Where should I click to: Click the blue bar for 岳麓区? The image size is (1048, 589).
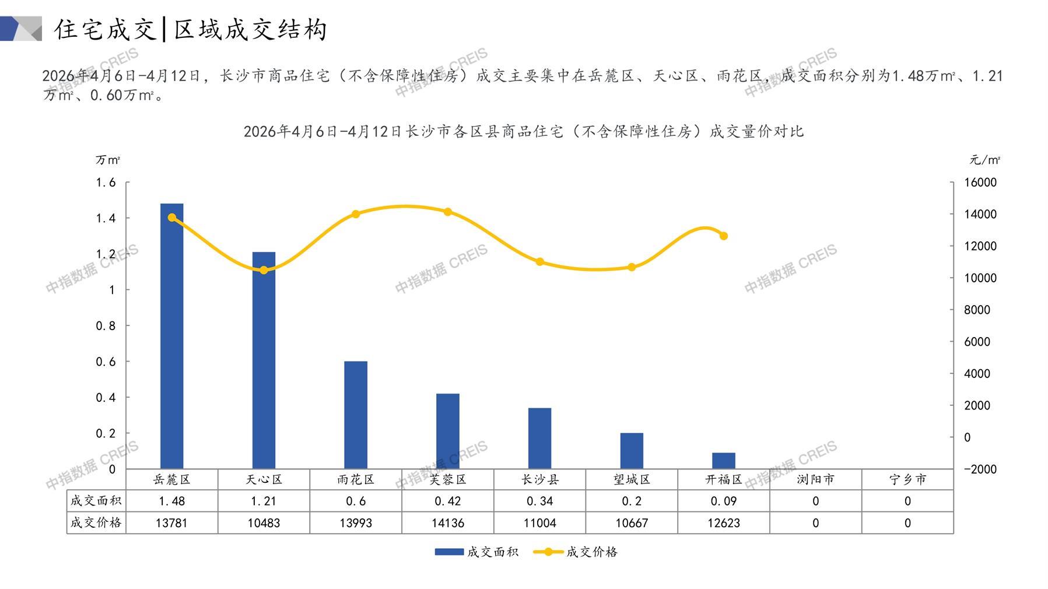pyautogui.click(x=171, y=335)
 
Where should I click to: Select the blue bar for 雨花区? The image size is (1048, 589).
pyautogui.click(x=356, y=415)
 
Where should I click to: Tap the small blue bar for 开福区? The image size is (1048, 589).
pyautogui.click(x=724, y=460)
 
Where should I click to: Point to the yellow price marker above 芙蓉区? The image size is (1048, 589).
pyautogui.click(x=448, y=212)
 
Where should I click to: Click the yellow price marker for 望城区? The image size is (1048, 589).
pyautogui.click(x=632, y=267)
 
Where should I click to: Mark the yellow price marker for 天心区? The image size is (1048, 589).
pyautogui.click(x=264, y=270)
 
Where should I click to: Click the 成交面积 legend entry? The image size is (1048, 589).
pyautogui.click(x=476, y=552)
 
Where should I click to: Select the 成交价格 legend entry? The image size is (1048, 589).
pyautogui.click(x=576, y=552)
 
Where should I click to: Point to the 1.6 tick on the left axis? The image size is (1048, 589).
pyautogui.click(x=106, y=183)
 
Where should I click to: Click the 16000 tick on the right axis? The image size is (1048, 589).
pyautogui.click(x=980, y=183)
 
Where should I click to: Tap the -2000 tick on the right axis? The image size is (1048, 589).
pyautogui.click(x=980, y=469)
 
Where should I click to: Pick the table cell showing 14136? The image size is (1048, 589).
pyautogui.click(x=448, y=523)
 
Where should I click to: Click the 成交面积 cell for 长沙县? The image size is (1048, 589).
pyautogui.click(x=539, y=501)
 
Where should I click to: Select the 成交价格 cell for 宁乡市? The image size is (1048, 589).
pyautogui.click(x=907, y=523)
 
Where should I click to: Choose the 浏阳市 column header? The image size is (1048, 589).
pyautogui.click(x=815, y=479)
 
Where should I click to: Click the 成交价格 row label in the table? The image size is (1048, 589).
pyautogui.click(x=96, y=523)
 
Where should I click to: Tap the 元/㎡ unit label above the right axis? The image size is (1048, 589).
pyautogui.click(x=985, y=160)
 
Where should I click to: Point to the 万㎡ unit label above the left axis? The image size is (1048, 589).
pyautogui.click(x=108, y=160)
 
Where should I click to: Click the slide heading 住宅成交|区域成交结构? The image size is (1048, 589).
pyautogui.click(x=191, y=30)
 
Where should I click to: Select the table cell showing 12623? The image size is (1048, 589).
pyautogui.click(x=724, y=523)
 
